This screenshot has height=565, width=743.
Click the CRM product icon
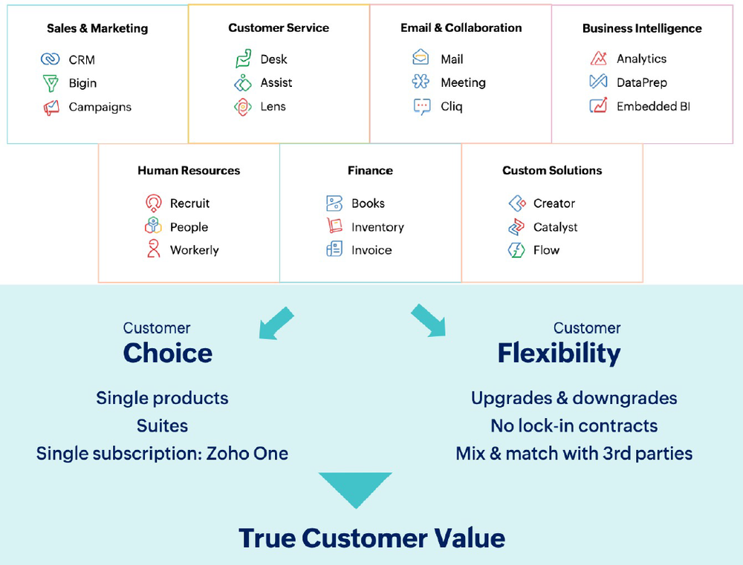pyautogui.click(x=51, y=59)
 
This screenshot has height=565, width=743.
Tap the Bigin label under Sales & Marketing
pyautogui.click(x=82, y=83)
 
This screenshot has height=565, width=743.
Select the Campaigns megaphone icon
pyautogui.click(x=51, y=108)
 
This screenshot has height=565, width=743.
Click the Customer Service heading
pyautogui.click(x=279, y=28)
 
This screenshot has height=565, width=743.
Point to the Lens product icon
pyautogui.click(x=243, y=107)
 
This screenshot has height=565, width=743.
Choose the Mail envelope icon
pyautogui.click(x=421, y=58)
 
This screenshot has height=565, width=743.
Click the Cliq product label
pyautogui.click(x=451, y=106)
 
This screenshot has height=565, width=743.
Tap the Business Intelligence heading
pyautogui.click(x=642, y=29)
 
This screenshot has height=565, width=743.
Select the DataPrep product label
pyautogui.click(x=641, y=82)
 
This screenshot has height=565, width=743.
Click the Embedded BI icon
pyautogui.click(x=599, y=106)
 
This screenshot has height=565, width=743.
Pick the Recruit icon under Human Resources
pyautogui.click(x=154, y=203)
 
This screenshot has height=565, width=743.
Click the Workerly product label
pyautogui.click(x=194, y=250)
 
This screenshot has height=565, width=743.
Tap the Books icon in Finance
pyautogui.click(x=334, y=203)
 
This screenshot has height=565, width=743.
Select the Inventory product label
pyautogui.click(x=377, y=227)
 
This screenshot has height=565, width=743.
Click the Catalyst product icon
pyautogui.click(x=516, y=227)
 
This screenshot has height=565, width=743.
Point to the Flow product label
pyautogui.click(x=546, y=250)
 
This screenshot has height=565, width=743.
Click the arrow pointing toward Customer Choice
pyautogui.click(x=276, y=322)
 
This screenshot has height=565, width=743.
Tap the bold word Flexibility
pyautogui.click(x=559, y=353)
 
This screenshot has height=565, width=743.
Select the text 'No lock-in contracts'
pyautogui.click(x=574, y=426)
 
